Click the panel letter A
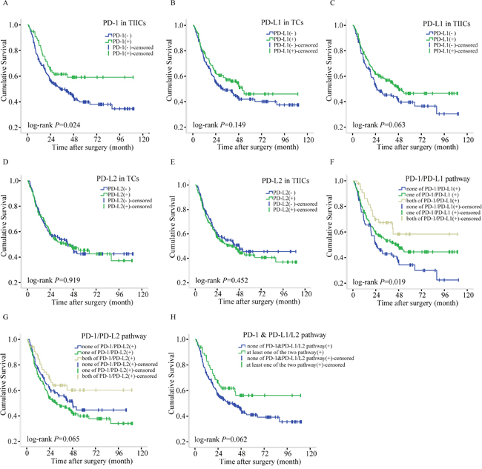click(7, 5)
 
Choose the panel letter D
click(7, 160)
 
